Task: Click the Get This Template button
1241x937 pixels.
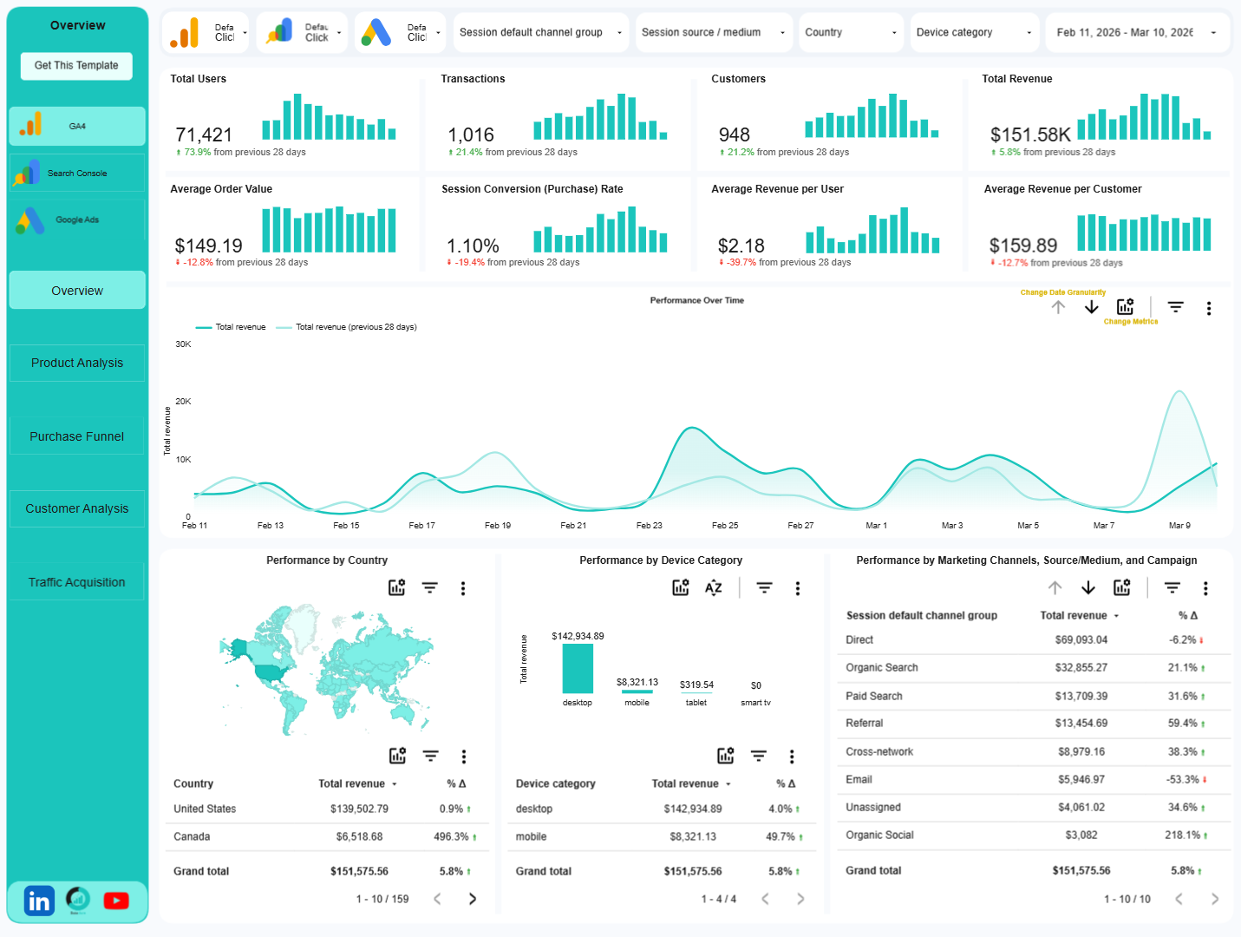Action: pyautogui.click(x=76, y=66)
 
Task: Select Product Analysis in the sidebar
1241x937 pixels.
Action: pyautogui.click(x=77, y=363)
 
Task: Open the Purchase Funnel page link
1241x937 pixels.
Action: pyautogui.click(x=77, y=436)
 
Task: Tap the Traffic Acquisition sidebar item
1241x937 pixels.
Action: pyautogui.click(x=77, y=582)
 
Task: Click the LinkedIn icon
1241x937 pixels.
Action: pyautogui.click(x=39, y=901)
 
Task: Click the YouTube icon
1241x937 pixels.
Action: pyautogui.click(x=116, y=901)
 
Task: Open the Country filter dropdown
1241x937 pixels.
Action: pyautogui.click(x=850, y=33)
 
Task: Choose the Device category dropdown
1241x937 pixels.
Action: pyautogui.click(x=974, y=33)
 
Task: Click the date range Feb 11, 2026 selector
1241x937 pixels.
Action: pyautogui.click(x=1136, y=33)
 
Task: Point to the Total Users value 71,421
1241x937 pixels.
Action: pyautogui.click(x=204, y=135)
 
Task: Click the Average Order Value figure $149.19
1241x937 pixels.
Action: pyautogui.click(x=208, y=246)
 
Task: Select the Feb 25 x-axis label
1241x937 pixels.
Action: pyautogui.click(x=725, y=526)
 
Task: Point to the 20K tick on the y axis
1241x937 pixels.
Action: pyautogui.click(x=183, y=402)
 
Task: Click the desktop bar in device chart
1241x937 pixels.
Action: pyautogui.click(x=578, y=668)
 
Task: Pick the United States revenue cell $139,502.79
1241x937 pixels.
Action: pyautogui.click(x=359, y=809)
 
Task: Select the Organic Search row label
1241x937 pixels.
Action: pyautogui.click(x=881, y=668)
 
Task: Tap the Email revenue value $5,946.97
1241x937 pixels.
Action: pyautogui.click(x=1081, y=780)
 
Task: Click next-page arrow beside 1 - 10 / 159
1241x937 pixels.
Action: pyautogui.click(x=473, y=899)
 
